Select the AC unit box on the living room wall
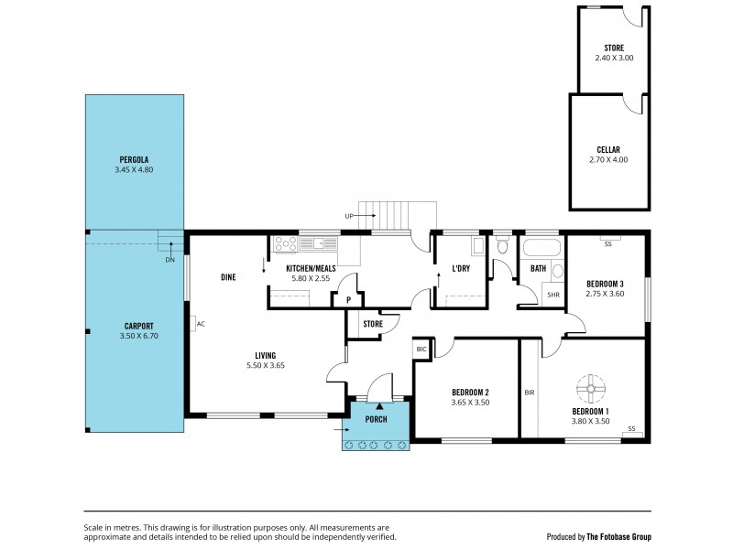pos(198,324)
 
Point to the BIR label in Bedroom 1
pos(530,393)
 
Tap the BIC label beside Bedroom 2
pos(421,349)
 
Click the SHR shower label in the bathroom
pos(553,295)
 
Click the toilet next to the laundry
pos(501,245)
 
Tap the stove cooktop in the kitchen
pos(283,244)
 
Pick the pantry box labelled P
pos(347,299)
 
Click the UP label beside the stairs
pos(349,216)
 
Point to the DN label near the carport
pos(170,260)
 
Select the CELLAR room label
pos(609,149)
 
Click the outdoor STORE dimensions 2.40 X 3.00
pos(613,58)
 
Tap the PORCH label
pos(376,419)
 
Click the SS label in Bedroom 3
pos(607,243)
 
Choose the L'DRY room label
pos(461,268)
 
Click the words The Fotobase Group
pos(619,537)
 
